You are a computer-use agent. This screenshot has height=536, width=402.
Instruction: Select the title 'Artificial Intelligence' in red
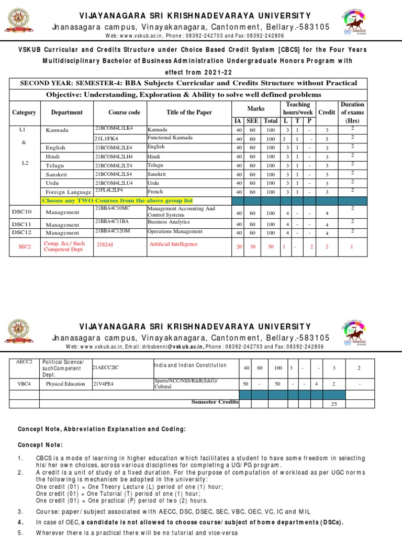click(173, 244)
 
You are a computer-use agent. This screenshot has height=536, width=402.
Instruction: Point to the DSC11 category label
click(22, 224)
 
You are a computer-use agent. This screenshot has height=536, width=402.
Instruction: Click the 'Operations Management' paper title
click(173, 230)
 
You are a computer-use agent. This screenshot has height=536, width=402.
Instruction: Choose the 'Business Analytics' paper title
click(169, 222)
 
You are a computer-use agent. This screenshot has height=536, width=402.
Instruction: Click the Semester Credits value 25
click(333, 404)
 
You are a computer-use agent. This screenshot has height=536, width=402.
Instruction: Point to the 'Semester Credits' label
click(215, 402)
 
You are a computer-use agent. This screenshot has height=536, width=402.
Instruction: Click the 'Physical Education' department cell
click(65, 384)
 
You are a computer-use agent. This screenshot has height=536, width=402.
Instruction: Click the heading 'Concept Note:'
click(41, 445)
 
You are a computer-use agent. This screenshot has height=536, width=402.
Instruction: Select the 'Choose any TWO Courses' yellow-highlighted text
click(117, 200)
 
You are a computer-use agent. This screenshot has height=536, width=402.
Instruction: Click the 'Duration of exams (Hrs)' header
click(352, 112)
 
